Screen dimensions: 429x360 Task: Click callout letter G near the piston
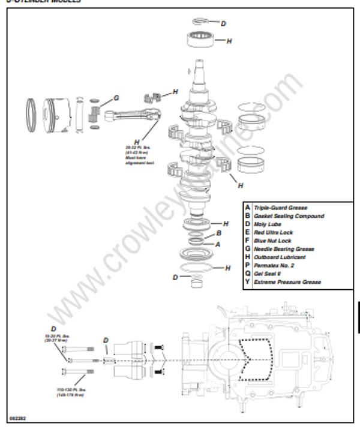(x=116, y=98)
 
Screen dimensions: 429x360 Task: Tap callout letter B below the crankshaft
(x=219, y=233)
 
